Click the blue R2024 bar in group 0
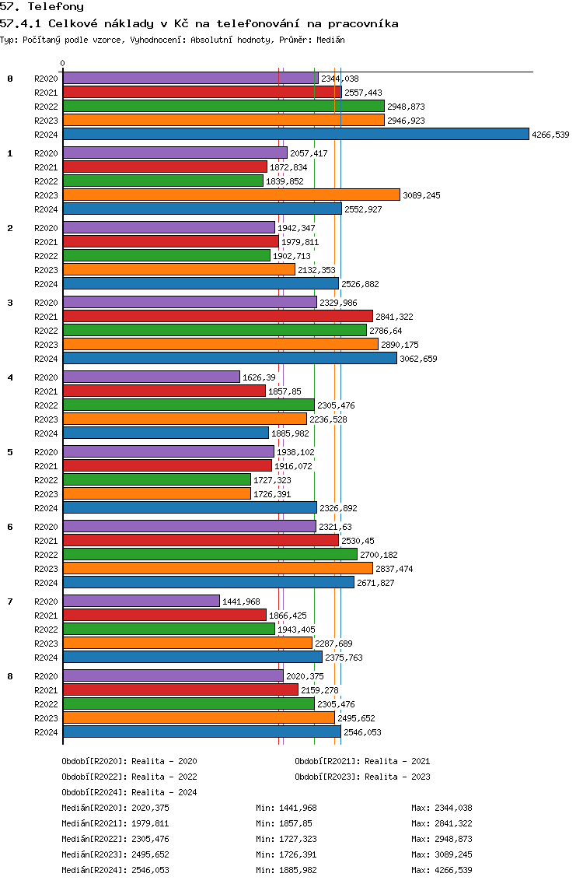point(296,134)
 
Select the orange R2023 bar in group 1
point(232,195)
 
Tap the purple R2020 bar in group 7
point(141,601)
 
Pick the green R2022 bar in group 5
point(157,480)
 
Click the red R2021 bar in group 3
point(218,316)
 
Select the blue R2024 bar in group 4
point(166,433)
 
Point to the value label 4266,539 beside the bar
point(550,135)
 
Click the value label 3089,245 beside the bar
point(421,195)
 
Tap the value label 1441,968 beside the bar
point(241,602)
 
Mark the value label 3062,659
point(418,359)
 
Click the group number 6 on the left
point(10,527)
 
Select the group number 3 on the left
point(10,303)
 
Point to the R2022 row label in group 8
point(46,704)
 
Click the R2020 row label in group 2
point(46,228)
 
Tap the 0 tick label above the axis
point(62,63)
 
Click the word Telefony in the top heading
point(56,7)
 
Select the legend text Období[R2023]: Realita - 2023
point(362,777)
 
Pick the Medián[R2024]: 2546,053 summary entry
point(116,870)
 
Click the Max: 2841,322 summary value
point(442,823)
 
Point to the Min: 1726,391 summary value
point(286,854)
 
